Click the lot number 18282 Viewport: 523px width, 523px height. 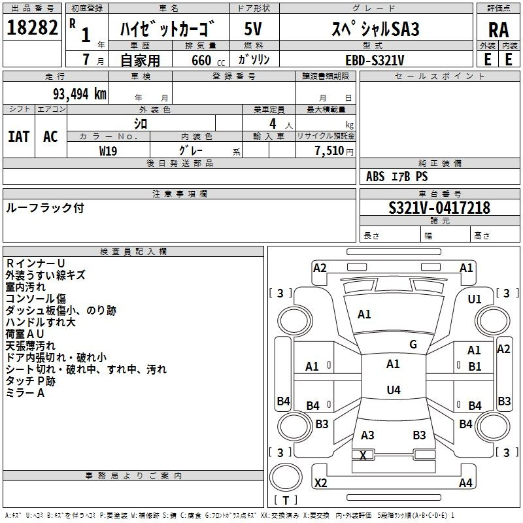[x=32, y=27]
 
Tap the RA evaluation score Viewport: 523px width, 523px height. [x=498, y=30]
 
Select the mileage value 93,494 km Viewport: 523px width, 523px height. [x=80, y=94]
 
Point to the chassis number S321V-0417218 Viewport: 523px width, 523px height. [x=439, y=208]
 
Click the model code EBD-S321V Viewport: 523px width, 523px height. [x=375, y=60]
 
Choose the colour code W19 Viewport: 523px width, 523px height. [x=108, y=151]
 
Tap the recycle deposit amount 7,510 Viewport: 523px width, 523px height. [x=329, y=150]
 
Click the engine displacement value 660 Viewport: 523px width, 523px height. [x=201, y=60]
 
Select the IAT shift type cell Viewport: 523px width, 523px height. [x=19, y=136]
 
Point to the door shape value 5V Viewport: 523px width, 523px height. [x=253, y=29]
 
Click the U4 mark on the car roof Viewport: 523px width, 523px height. [x=394, y=390]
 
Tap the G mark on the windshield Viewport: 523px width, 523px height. [x=413, y=345]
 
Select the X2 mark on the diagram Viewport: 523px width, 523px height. [x=320, y=483]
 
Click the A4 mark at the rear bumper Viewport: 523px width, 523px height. [x=465, y=482]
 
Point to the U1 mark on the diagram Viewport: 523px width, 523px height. [x=475, y=299]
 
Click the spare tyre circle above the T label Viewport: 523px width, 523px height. [x=286, y=477]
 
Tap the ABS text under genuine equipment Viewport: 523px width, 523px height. [x=375, y=177]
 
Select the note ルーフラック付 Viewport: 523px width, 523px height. [x=45, y=208]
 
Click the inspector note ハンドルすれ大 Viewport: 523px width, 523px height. [x=41, y=322]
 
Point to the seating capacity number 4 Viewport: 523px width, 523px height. [x=273, y=124]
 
